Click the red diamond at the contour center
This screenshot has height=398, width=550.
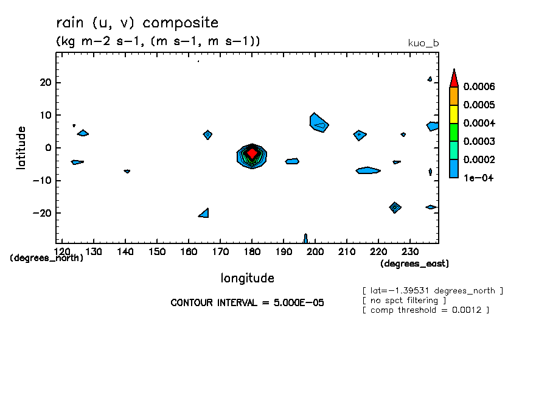tap(252, 153)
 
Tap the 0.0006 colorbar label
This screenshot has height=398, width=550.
tap(479, 86)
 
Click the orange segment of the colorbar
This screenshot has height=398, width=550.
tap(454, 96)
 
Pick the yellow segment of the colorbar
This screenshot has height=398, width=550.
tap(454, 114)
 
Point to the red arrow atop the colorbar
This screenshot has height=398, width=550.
tap(454, 79)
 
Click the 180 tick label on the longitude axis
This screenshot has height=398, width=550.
tap(252, 251)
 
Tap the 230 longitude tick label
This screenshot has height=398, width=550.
tap(410, 251)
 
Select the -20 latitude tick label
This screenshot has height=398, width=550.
tap(44, 213)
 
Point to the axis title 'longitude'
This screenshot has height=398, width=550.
tap(247, 278)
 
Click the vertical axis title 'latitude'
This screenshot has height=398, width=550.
tap(21, 147)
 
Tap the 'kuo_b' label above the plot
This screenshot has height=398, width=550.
tap(423, 43)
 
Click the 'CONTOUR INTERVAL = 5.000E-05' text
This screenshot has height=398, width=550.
tap(247, 302)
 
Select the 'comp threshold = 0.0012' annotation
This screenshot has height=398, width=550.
tap(425, 310)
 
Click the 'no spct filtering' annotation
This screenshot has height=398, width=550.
tap(404, 300)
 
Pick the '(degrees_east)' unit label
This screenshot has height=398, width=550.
tap(414, 264)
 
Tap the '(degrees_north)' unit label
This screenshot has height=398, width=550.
tap(47, 258)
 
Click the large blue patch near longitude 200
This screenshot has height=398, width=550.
tap(318, 123)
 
